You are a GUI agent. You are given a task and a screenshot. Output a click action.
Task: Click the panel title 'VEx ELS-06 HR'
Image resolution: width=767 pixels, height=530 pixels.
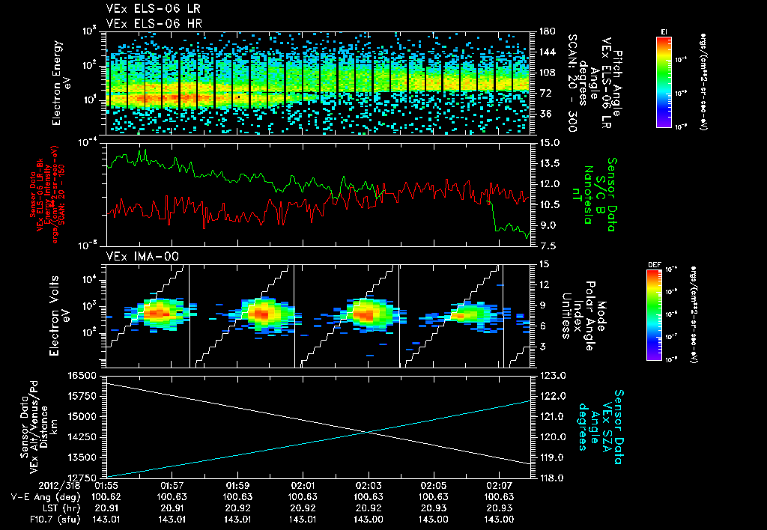[x=143, y=23]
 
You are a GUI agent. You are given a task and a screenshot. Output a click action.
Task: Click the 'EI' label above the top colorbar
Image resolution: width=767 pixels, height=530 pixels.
[x=664, y=31]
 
